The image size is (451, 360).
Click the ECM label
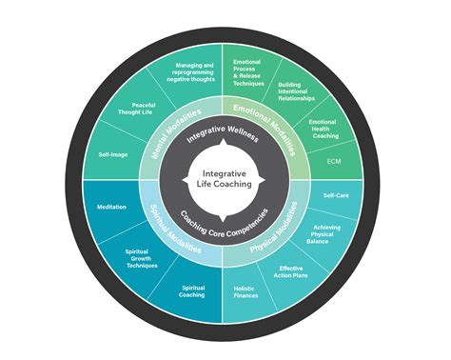[x=333, y=161]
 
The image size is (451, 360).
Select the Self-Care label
[x=335, y=194]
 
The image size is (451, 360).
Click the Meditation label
[x=111, y=207]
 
